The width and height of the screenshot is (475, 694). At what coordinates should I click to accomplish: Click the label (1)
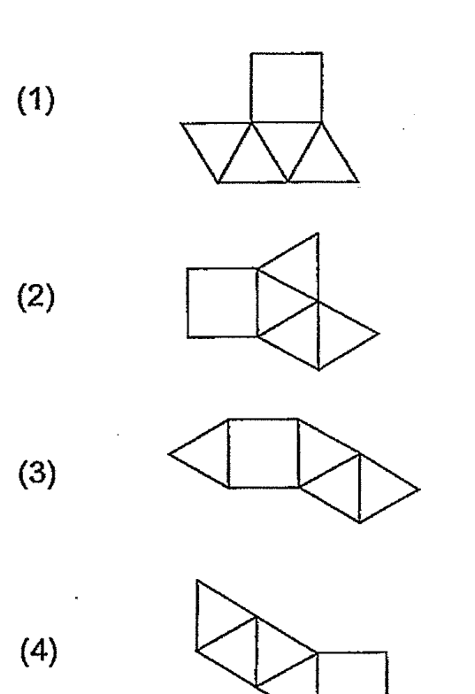36,101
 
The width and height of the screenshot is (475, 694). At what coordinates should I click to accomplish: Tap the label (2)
36,297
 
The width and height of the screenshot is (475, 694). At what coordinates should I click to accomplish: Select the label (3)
37,474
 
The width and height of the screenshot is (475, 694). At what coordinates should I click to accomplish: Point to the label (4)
39,652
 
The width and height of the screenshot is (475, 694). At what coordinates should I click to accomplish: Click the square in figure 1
287,87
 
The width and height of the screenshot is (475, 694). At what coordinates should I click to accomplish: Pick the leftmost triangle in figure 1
217,142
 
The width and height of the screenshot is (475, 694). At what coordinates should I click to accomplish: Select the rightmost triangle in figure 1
323,162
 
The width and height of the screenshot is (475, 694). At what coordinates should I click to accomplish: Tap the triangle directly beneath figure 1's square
287,142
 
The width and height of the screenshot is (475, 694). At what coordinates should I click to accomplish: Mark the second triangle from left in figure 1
252,162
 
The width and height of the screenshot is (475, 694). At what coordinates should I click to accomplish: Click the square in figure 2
222,303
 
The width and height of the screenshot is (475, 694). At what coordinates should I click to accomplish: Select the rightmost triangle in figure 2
339,335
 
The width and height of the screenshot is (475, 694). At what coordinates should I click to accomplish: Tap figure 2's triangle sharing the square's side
278,303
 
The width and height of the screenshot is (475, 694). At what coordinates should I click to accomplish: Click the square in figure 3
264,453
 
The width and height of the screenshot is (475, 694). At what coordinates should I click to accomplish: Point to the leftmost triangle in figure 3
209,453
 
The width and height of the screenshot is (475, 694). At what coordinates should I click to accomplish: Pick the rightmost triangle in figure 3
379,489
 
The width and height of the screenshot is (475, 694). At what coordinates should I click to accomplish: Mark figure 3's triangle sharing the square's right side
318,453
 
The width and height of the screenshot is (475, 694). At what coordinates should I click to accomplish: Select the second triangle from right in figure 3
340,489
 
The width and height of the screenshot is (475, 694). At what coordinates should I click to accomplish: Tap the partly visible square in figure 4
352,673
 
